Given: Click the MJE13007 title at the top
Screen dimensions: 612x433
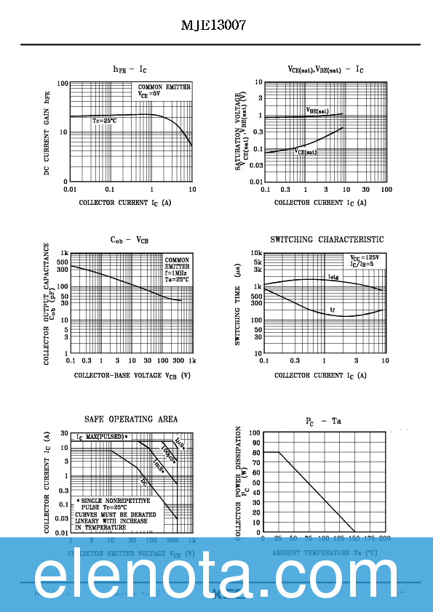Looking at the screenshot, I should tap(213, 25).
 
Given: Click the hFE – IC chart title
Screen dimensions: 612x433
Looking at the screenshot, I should tap(130, 69).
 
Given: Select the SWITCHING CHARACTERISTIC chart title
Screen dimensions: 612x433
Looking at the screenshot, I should tap(327, 240).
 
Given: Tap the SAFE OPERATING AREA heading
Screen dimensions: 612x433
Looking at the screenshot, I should tap(131, 419).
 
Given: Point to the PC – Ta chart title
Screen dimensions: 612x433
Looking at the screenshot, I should tap(323, 421).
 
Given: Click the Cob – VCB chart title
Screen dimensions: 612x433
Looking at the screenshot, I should tap(130, 240).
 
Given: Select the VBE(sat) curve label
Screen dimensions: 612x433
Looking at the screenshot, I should tap(317, 111).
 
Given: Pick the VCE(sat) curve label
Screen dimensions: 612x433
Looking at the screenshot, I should tap(306, 152).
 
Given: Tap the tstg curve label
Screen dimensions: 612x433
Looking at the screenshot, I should tap(333, 277).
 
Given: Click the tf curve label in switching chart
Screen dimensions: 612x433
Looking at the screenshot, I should tap(333, 310).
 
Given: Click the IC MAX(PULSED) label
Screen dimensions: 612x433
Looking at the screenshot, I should tap(102, 437).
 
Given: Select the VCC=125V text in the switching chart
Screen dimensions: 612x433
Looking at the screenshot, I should tap(364, 257).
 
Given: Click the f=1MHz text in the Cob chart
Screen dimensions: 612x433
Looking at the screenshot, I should tap(177, 273).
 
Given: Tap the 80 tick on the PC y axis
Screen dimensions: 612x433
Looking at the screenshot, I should tap(255, 452).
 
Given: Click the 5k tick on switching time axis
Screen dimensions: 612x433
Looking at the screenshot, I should tap(257, 261).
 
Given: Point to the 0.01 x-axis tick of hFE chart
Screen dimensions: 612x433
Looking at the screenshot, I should tap(70, 189).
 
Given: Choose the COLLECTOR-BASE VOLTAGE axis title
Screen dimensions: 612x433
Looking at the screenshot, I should tap(132, 376).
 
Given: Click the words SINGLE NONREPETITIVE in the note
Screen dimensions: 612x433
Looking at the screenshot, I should tap(116, 502).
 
